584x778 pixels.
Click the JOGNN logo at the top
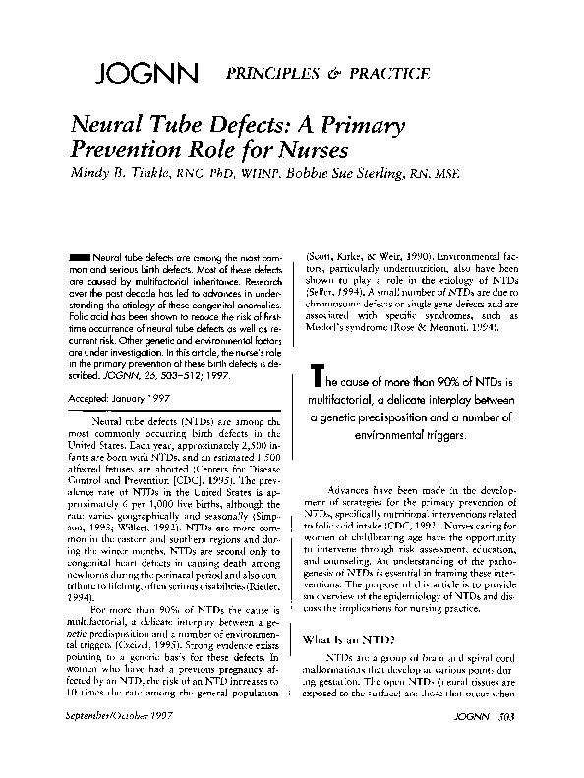(148, 75)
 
